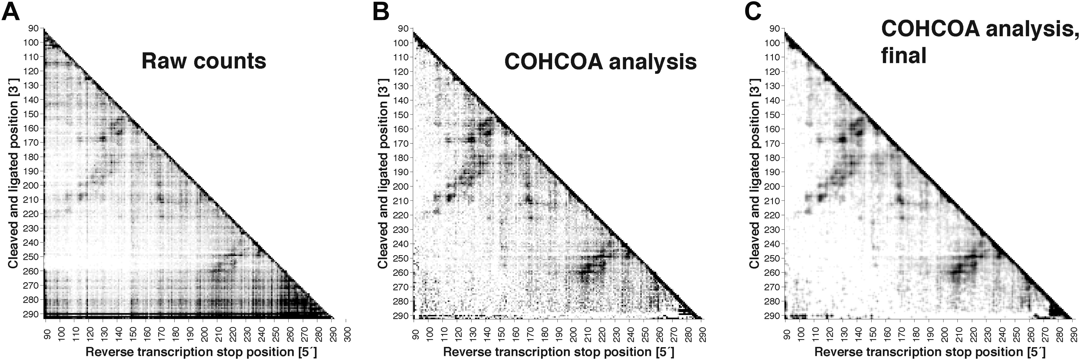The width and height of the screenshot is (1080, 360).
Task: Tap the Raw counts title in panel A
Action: click(204, 61)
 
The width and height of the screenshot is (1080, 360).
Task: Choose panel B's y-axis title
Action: click(382, 174)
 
